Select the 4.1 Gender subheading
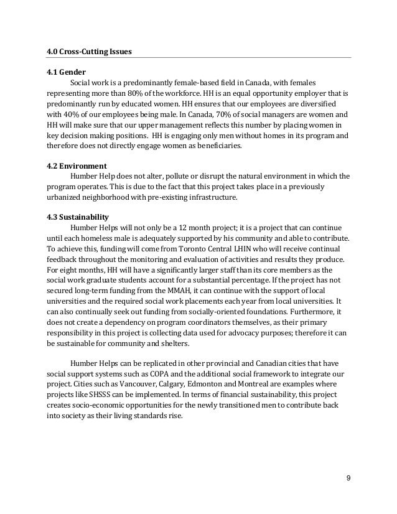(66, 72)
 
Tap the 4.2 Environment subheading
(77, 166)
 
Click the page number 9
(347, 477)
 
